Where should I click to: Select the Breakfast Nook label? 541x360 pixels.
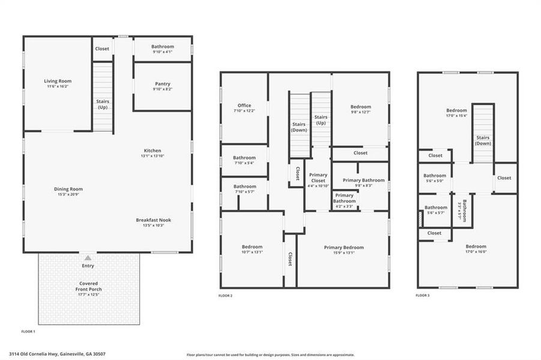[154, 220]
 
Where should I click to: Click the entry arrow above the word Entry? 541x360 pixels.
[88, 257]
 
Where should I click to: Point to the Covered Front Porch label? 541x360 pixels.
[88, 286]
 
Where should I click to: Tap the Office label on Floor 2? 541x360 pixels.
[244, 106]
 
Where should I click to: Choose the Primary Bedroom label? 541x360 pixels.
[343, 248]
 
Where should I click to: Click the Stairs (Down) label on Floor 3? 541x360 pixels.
[483, 140]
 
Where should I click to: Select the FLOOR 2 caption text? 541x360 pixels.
[226, 296]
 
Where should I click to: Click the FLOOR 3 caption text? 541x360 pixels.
[423, 296]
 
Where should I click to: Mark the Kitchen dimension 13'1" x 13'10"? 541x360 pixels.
[152, 156]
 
